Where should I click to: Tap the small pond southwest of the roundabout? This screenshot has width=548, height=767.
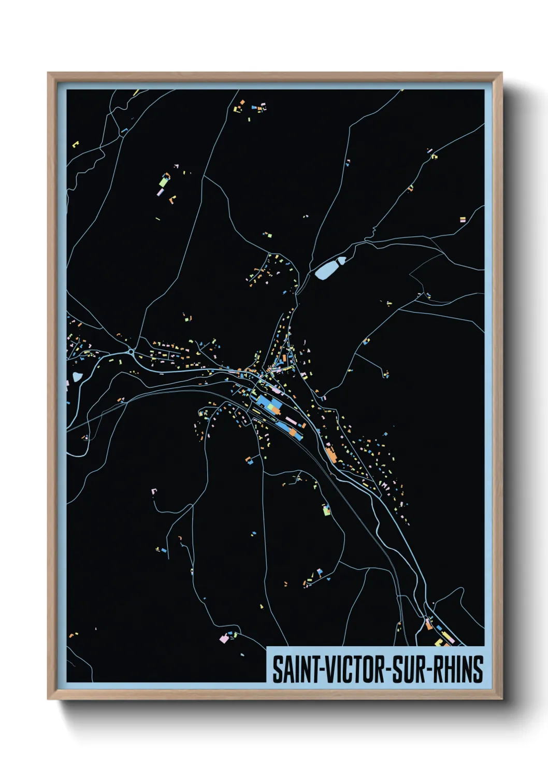click(77, 377)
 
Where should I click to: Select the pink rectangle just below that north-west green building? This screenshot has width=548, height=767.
click(161, 192)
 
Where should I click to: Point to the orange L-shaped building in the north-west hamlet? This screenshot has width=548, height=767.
click(172, 198)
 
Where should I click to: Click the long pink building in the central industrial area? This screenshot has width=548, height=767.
click(290, 419)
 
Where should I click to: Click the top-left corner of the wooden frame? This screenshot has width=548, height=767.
click(48, 73)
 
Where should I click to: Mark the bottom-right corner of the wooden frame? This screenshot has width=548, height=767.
click(501, 699)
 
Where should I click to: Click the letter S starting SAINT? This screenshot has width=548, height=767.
click(277, 670)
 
